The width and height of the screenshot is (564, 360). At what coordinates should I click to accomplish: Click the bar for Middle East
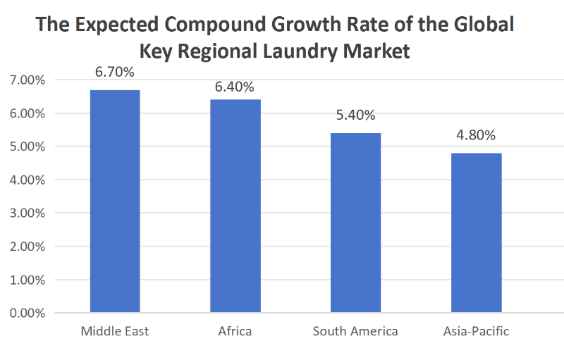pyautogui.click(x=115, y=201)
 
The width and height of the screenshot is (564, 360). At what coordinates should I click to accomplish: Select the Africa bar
pyautogui.click(x=235, y=206)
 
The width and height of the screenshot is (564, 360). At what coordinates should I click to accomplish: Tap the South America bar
pyautogui.click(x=356, y=223)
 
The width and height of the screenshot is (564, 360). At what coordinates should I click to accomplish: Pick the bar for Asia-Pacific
pyautogui.click(x=477, y=232)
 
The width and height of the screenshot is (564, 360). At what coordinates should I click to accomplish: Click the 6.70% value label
pyautogui.click(x=115, y=72)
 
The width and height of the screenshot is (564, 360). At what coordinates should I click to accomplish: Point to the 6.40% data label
pyautogui.click(x=235, y=87)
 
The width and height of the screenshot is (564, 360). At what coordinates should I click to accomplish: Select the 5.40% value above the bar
pyautogui.click(x=356, y=116)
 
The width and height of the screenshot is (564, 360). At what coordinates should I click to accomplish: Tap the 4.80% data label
pyautogui.click(x=477, y=135)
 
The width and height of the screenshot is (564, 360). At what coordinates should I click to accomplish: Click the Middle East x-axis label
pyautogui.click(x=115, y=331)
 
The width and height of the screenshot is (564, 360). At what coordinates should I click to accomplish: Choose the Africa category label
pyautogui.click(x=235, y=331)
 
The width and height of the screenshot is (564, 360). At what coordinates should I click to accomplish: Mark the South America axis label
pyautogui.click(x=356, y=331)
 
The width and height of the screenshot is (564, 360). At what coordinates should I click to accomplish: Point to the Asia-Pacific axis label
pyautogui.click(x=477, y=331)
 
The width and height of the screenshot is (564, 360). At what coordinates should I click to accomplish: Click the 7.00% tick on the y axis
pyautogui.click(x=27, y=80)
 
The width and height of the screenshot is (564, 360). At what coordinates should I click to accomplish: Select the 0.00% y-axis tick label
pyautogui.click(x=27, y=313)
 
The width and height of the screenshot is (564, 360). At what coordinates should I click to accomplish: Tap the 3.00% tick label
pyautogui.click(x=27, y=213)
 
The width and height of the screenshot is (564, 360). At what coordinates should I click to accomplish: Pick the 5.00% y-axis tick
pyautogui.click(x=27, y=147)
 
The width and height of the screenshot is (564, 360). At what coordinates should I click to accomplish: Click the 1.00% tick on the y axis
pyautogui.click(x=27, y=280)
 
